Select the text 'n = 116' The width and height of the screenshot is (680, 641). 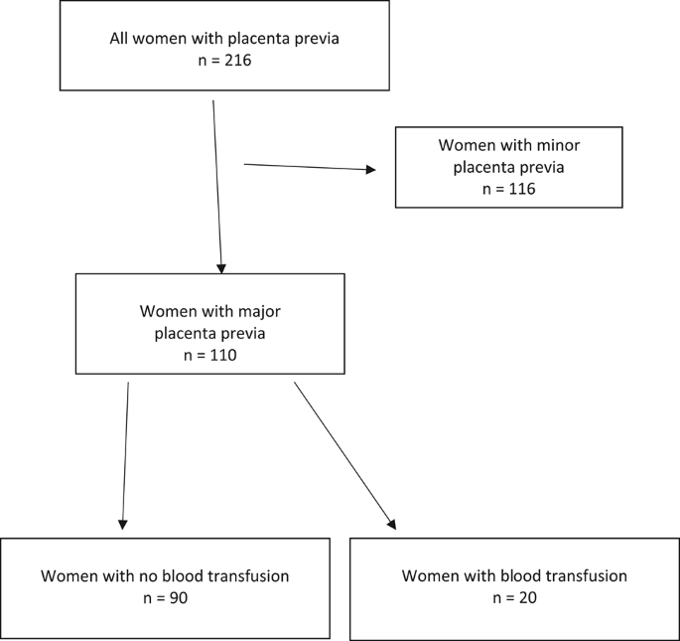(508, 188)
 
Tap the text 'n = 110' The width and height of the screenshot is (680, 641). (209, 354)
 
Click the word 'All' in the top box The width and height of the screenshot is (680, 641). (120, 40)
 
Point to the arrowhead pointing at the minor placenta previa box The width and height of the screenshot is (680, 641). (371, 170)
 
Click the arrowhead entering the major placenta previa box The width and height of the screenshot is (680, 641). (221, 268)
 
